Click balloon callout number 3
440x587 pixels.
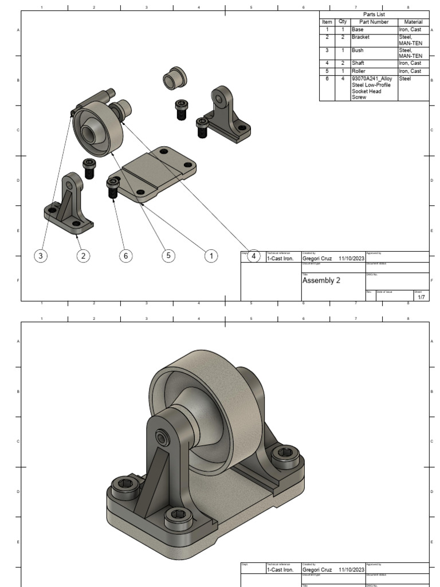(x=40, y=256)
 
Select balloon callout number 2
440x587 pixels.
(x=84, y=256)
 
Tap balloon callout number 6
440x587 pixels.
(x=125, y=256)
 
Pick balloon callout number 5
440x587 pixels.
(x=168, y=256)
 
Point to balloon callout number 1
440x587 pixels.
(x=211, y=256)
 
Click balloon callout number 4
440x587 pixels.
(x=254, y=256)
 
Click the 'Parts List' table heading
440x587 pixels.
(x=374, y=14)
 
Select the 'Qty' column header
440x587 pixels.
(x=342, y=22)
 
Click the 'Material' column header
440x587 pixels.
(x=413, y=22)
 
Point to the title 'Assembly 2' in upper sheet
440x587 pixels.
(x=321, y=280)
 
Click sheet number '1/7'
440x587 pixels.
(x=421, y=297)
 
